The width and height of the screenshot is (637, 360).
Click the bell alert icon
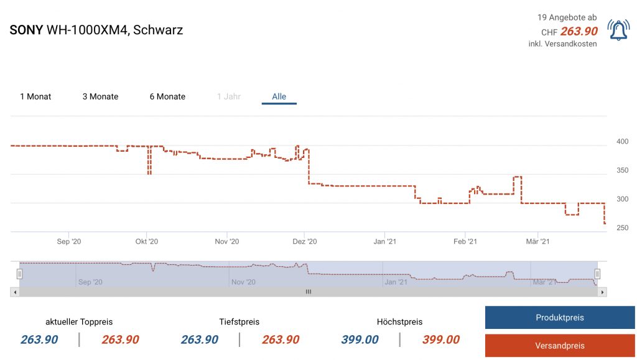point(618,30)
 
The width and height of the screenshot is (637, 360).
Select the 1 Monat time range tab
point(35,96)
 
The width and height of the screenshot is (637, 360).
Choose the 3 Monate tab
point(100,96)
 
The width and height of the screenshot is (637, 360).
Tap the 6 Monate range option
point(167,96)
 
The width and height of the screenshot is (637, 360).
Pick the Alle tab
point(279,96)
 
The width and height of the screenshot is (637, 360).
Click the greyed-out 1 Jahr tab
point(229,96)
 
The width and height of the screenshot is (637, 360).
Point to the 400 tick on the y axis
point(622,142)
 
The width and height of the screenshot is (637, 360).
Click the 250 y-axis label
point(622,228)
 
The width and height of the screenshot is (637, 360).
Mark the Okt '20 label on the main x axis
point(146,241)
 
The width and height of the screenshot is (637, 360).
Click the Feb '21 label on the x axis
point(465,241)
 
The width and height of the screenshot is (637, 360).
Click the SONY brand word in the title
point(26,30)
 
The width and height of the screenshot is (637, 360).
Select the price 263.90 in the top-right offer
point(579,32)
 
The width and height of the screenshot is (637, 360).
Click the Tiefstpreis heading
point(239,321)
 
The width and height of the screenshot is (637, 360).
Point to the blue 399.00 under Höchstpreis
point(360,339)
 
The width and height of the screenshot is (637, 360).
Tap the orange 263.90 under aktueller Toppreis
point(120,339)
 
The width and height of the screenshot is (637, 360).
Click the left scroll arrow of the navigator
point(14,292)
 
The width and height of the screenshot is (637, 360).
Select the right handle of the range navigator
point(597,274)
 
